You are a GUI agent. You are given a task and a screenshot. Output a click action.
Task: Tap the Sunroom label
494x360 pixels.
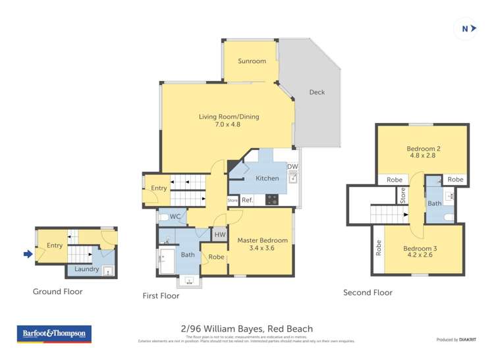point(252,61)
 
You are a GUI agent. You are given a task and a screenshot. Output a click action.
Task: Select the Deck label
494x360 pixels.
point(317,92)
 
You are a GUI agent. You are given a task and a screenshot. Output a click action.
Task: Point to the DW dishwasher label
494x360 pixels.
point(292,167)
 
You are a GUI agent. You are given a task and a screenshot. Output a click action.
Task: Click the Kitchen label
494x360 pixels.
point(267,178)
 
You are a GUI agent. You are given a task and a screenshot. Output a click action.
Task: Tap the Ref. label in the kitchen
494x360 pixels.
point(247,200)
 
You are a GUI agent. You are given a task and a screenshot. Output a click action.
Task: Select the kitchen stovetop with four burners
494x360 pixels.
point(271,199)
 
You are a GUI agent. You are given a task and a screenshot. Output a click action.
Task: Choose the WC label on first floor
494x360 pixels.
point(175,216)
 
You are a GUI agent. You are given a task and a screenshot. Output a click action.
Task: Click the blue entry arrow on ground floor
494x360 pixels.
point(28,254)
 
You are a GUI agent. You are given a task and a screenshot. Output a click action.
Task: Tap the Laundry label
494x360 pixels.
point(87,269)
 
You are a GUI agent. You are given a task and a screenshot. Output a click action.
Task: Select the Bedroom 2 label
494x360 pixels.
point(423,149)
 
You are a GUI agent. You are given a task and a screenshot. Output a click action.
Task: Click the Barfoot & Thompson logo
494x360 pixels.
point(54,334)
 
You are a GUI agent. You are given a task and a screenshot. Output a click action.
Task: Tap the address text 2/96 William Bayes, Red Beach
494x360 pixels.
point(246,328)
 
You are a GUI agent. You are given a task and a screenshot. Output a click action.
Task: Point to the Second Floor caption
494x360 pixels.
point(368,293)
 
